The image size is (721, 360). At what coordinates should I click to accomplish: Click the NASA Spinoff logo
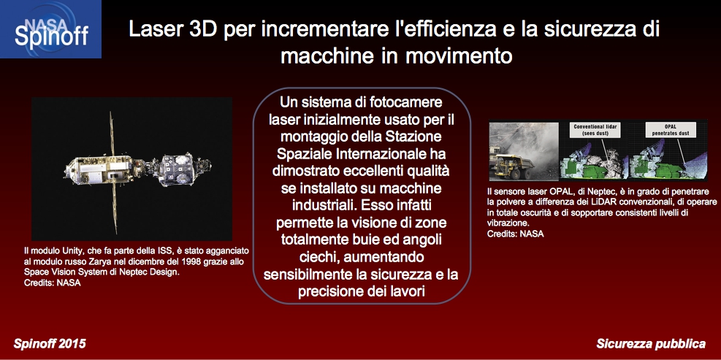tap(50, 29)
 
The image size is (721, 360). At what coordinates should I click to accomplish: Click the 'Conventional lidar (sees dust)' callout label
tap(595, 130)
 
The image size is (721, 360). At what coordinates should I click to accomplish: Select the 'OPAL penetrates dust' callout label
tap(670, 130)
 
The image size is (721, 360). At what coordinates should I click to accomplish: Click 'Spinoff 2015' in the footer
tap(50, 343)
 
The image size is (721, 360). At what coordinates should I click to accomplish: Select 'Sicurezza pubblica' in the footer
tap(651, 343)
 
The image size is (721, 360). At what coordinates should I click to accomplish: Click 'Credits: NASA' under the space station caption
tap(52, 283)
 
